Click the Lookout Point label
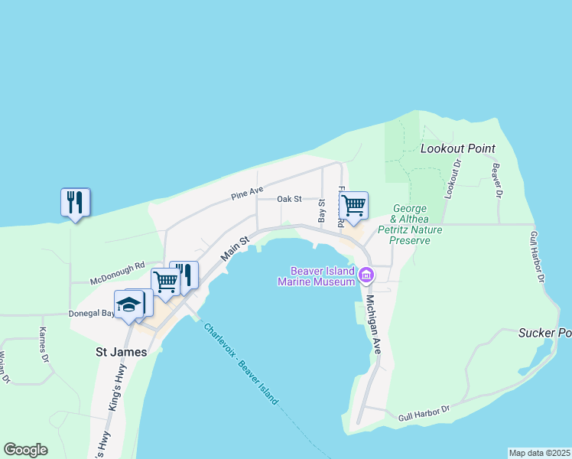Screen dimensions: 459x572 458,148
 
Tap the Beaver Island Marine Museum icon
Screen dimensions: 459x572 366,275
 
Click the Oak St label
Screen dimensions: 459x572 290,199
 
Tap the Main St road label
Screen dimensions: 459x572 236,250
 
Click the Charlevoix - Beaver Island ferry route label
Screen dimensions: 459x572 241,363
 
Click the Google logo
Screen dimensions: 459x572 25,450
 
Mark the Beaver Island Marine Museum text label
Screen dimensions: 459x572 321,276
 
